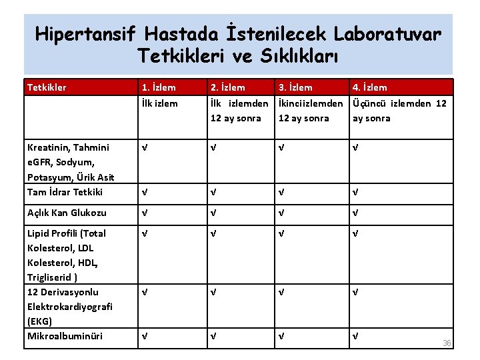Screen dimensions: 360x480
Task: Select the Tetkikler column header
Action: [46, 87]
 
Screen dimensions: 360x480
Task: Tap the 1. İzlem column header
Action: [158, 87]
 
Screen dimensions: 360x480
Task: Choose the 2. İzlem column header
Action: [227, 87]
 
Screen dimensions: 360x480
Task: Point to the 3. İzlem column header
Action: [295, 87]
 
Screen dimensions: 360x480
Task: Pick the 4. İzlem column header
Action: [369, 87]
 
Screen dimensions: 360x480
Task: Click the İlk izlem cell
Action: [159, 103]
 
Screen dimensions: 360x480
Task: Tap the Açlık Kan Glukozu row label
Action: [66, 213]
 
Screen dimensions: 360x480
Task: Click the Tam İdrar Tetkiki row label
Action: [65, 192]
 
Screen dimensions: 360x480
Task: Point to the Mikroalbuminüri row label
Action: [65, 336]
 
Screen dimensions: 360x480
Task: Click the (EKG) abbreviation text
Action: [40, 321]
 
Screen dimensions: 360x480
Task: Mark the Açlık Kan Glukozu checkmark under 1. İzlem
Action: [143, 213]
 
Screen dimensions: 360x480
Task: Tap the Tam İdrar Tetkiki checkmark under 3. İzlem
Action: [281, 192]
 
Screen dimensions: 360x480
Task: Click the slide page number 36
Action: [447, 343]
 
